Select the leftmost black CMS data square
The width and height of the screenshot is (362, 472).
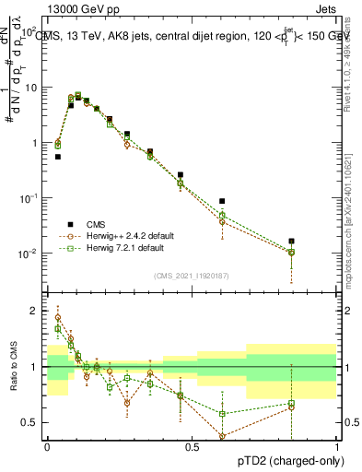58,157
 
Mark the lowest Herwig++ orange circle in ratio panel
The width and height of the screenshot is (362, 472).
222,436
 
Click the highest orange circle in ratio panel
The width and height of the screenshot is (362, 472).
58,318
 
